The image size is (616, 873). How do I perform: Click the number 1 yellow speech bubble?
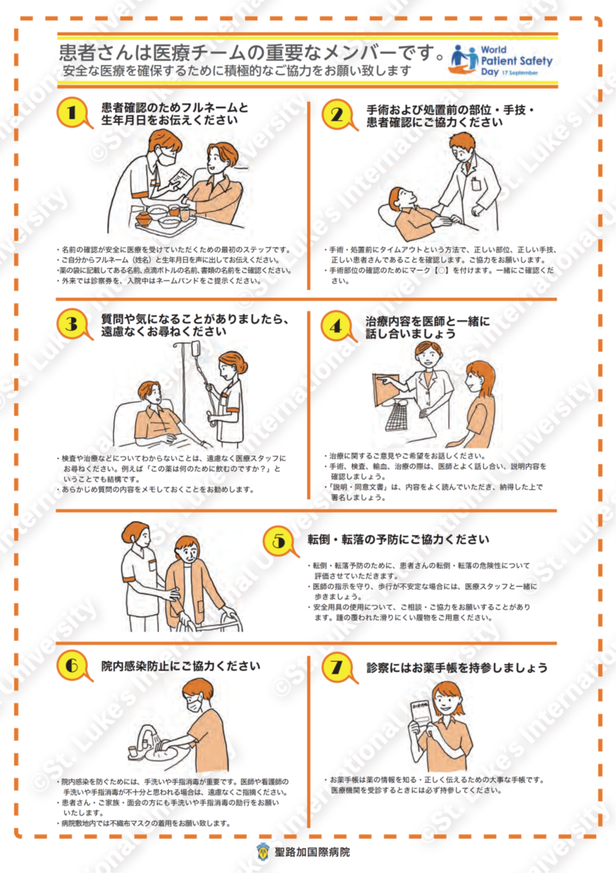[74, 113]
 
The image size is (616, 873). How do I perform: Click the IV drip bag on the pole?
[195, 349]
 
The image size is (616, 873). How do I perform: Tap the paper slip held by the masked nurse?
[180, 178]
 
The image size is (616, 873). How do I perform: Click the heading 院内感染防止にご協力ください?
[180, 666]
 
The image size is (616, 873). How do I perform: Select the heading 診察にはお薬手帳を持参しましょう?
[457, 667]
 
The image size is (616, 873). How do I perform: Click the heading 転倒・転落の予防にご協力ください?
[398, 539]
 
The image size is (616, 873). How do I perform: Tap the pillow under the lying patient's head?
[388, 216]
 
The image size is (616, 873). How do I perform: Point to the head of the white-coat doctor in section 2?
[463, 147]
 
